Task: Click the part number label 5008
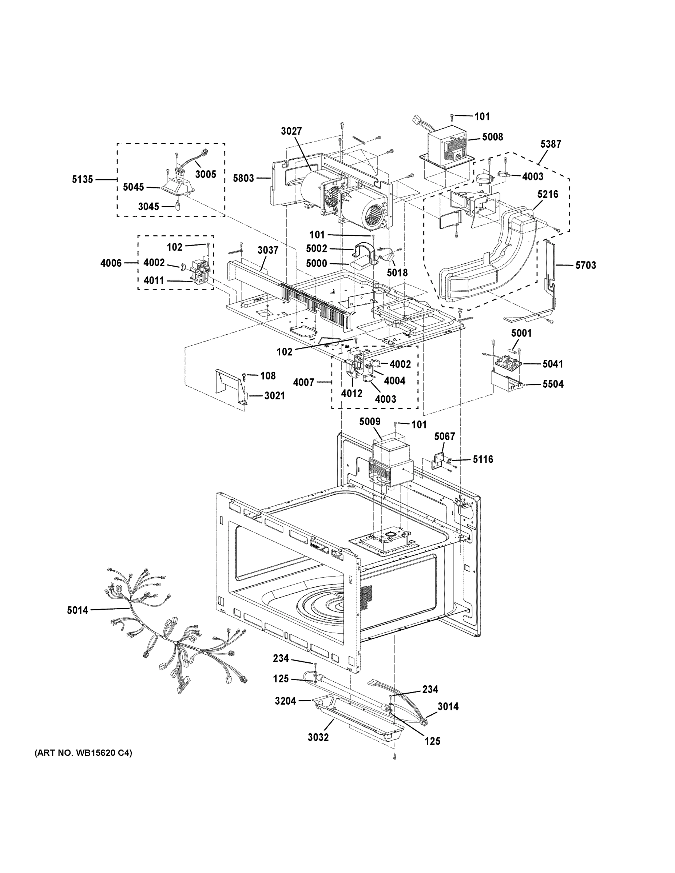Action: point(492,137)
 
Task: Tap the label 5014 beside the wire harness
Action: point(77,610)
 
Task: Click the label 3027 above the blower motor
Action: point(291,131)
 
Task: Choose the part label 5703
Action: point(585,265)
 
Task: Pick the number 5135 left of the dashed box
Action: point(82,179)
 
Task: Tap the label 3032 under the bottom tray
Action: point(318,737)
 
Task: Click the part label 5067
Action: point(444,436)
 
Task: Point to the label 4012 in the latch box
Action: point(352,393)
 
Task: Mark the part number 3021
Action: point(274,396)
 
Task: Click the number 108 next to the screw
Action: point(267,376)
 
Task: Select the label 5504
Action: point(553,384)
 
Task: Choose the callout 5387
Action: point(551,144)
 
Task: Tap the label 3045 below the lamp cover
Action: point(148,207)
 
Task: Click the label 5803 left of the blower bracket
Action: point(243,178)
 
